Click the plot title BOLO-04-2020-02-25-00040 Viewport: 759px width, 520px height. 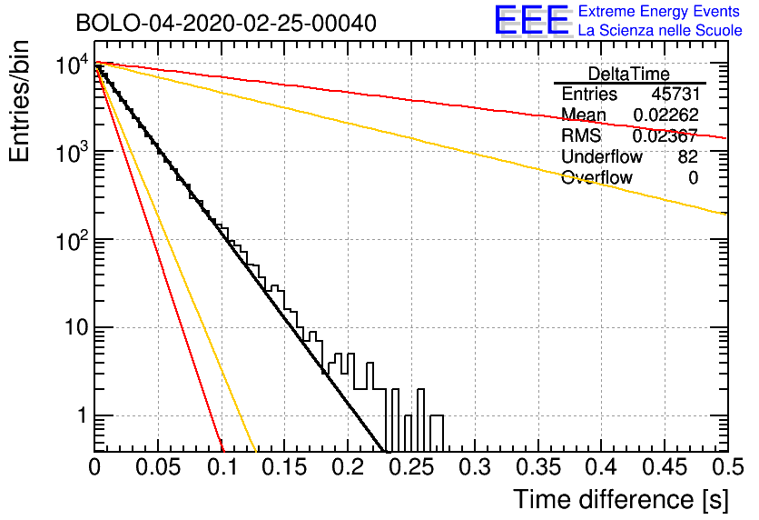tap(226, 23)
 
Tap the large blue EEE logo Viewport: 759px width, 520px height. tap(532, 20)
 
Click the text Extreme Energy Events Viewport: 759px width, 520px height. tap(659, 11)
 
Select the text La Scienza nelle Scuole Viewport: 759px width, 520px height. tap(660, 30)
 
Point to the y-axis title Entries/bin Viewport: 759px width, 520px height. tap(20, 101)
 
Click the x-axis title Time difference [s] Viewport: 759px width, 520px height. tap(621, 499)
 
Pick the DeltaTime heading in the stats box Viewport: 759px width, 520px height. tap(629, 74)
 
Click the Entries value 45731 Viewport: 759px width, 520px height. tap(675, 94)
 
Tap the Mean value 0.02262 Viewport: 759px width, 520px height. tap(666, 115)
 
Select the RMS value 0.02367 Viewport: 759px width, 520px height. tap(665, 135)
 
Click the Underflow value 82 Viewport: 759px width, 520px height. tap(688, 156)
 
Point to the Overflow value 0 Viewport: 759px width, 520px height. tap(694, 178)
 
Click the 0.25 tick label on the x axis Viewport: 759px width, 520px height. tap(411, 467)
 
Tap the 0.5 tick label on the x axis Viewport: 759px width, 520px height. tap(727, 467)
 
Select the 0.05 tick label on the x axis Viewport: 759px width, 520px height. tap(158, 467)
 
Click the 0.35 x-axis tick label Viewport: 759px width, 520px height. tap(538, 467)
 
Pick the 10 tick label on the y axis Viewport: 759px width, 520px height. tap(76, 328)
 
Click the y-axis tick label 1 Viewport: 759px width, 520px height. tap(82, 415)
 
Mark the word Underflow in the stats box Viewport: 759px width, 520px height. tap(602, 156)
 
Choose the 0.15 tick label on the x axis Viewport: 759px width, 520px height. tap(285, 467)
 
